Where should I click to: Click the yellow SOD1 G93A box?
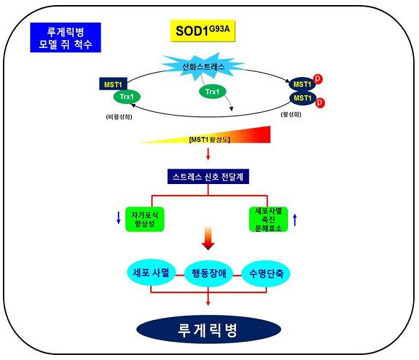[x=203, y=31]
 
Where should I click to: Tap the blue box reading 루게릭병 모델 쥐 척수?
[x=66, y=37]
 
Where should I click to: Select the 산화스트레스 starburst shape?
[x=203, y=67]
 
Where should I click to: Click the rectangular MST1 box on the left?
[x=113, y=84]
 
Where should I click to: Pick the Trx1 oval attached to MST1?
[x=127, y=97]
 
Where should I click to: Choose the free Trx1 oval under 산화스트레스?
[x=213, y=92]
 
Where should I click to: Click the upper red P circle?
[x=318, y=79]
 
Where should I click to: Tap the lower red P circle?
[x=320, y=102]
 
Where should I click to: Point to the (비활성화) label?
[x=119, y=117]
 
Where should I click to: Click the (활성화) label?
[x=291, y=114]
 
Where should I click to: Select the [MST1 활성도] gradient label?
[x=209, y=140]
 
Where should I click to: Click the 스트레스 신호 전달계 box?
[x=208, y=177]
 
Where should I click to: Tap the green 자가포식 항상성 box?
[x=144, y=219]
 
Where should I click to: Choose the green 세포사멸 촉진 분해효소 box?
[x=268, y=220]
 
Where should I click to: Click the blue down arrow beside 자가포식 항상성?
[x=118, y=217]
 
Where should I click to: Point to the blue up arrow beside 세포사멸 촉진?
[x=295, y=220]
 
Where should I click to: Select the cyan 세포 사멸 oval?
[x=151, y=273]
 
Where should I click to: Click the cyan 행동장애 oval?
[x=208, y=273]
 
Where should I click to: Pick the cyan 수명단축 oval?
[x=266, y=274]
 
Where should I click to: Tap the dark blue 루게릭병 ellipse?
[x=208, y=329]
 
